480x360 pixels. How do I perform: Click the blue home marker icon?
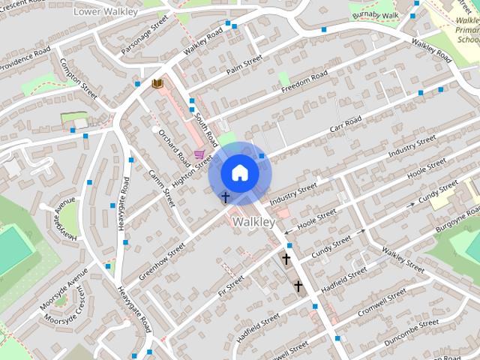(x=239, y=172)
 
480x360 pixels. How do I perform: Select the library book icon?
(x=157, y=83)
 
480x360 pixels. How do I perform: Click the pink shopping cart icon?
(x=199, y=154)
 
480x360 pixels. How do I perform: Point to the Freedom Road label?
(x=304, y=82)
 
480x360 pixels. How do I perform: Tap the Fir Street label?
(x=231, y=286)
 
